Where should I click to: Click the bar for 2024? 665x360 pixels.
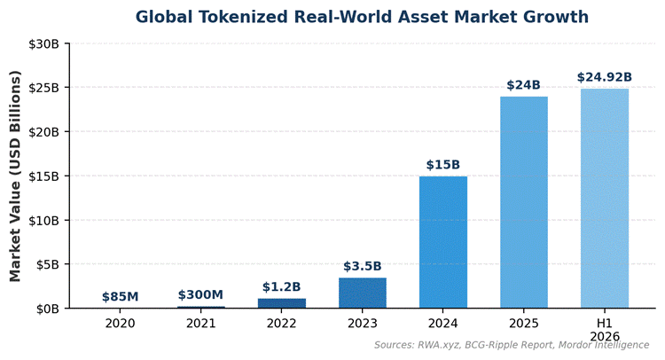coord(442,242)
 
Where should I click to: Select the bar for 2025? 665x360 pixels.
coord(523,202)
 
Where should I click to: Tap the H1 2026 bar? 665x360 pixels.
coord(605,199)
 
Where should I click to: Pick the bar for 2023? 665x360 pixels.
coord(362,293)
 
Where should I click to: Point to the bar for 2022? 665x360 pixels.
coord(281,303)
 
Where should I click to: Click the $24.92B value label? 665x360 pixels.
coord(605,77)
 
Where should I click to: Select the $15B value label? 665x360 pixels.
coord(442,165)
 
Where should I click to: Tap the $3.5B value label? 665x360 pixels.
coord(362,266)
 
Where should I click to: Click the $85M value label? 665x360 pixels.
coord(120,297)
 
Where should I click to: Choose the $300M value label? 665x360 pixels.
coord(200,295)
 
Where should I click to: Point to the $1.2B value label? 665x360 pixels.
coord(281,287)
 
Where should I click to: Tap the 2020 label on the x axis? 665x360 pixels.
coord(120,324)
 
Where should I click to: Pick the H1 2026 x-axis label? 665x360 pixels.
coord(605,330)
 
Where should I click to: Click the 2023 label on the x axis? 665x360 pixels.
coord(362,324)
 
